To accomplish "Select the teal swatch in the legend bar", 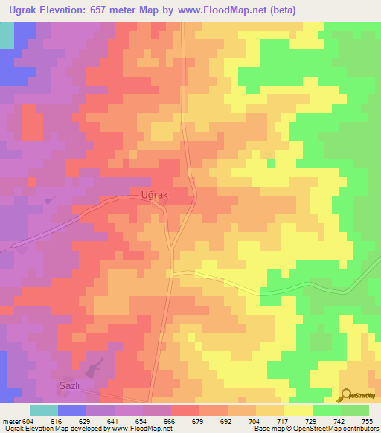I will point(43,410).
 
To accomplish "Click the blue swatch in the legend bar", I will point(72,410).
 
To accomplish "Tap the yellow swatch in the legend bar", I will point(298,410).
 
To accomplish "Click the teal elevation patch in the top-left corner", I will point(6,35).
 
